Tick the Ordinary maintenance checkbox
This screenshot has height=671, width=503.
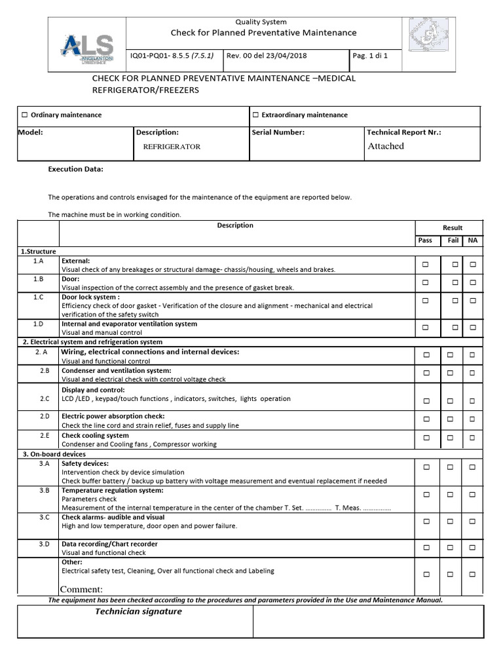pyautogui.click(x=25, y=115)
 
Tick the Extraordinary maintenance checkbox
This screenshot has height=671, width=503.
pyautogui.click(x=255, y=115)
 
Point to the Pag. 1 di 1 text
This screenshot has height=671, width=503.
pyautogui.click(x=370, y=56)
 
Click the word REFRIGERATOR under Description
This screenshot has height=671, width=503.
pyautogui.click(x=172, y=147)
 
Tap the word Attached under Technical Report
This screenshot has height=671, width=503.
pyautogui.click(x=386, y=146)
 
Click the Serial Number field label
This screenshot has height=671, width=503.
pyautogui.click(x=278, y=132)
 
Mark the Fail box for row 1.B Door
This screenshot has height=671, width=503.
pyautogui.click(x=454, y=283)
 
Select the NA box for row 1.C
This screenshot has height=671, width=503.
pyautogui.click(x=473, y=301)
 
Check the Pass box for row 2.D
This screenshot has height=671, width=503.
pyautogui.click(x=425, y=419)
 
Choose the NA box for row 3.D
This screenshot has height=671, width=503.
pyautogui.click(x=473, y=547)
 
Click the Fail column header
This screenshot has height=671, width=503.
pyautogui.click(x=453, y=240)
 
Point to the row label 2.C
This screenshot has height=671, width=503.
pyautogui.click(x=45, y=398)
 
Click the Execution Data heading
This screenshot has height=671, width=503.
pyautogui.click(x=76, y=169)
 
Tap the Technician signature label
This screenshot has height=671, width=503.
pyautogui.click(x=139, y=611)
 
